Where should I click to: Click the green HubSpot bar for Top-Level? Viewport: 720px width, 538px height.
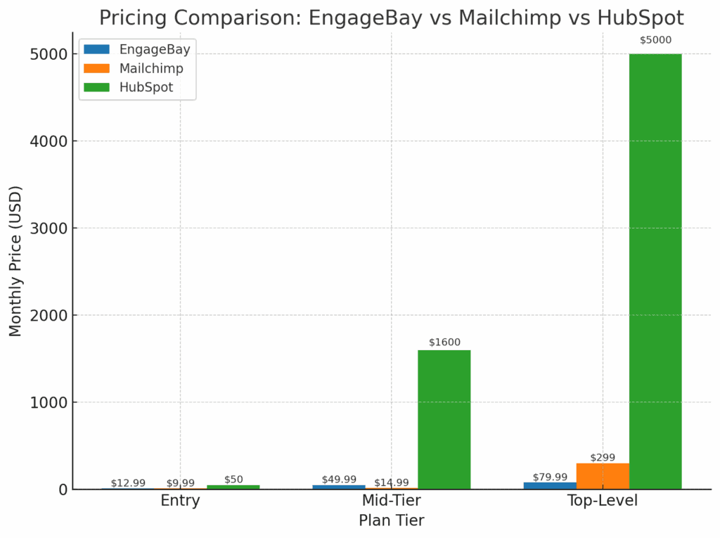pyautogui.click(x=655, y=271)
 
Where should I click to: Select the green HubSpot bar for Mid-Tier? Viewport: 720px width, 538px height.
pyautogui.click(x=444, y=419)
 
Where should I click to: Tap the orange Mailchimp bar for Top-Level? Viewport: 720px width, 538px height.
pyautogui.click(x=603, y=476)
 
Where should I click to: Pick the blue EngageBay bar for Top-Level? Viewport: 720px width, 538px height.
pyautogui.click(x=550, y=485)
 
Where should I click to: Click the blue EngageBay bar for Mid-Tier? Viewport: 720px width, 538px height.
pyautogui.click(x=339, y=487)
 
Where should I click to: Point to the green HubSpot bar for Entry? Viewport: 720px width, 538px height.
pyautogui.click(x=233, y=487)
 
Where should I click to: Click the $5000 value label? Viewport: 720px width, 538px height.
pyautogui.click(x=655, y=40)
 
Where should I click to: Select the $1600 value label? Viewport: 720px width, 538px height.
pyautogui.click(x=444, y=342)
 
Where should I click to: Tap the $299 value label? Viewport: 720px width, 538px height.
pyautogui.click(x=603, y=457)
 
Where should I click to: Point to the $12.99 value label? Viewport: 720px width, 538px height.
pyautogui.click(x=128, y=483)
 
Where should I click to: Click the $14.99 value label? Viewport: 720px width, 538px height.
pyautogui.click(x=392, y=482)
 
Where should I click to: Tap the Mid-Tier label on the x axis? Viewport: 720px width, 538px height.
pyautogui.click(x=392, y=501)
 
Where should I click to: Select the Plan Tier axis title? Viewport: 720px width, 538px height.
pyautogui.click(x=392, y=520)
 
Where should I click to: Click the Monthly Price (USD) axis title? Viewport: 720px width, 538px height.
pyautogui.click(x=15, y=260)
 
